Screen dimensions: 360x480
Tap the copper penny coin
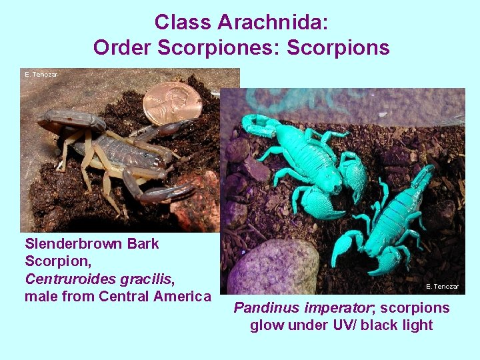click(173, 103)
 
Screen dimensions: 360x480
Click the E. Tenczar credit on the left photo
click(41, 75)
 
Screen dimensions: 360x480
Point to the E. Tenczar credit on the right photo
click(442, 287)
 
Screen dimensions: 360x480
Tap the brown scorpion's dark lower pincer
click(157, 194)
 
